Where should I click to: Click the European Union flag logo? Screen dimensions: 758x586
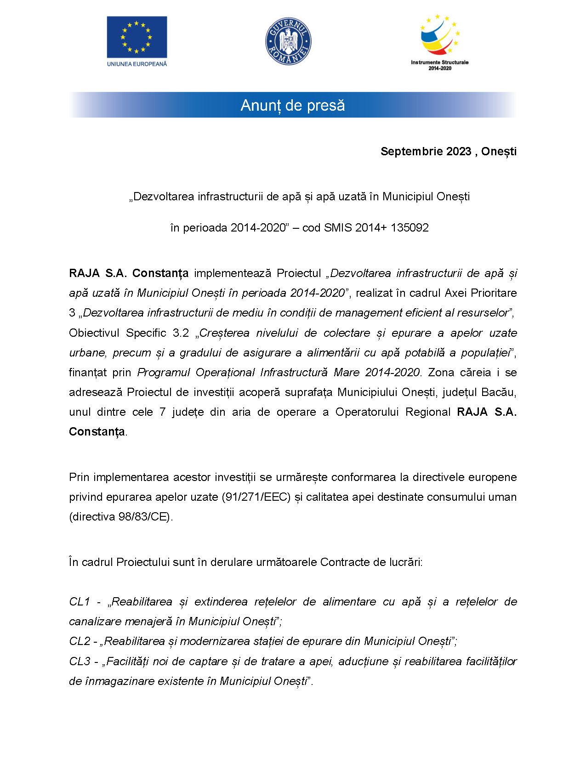(137, 37)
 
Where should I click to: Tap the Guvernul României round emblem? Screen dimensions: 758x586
(288, 41)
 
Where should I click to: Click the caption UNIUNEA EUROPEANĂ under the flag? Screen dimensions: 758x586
(137, 64)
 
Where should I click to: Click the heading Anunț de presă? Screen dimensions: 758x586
(293, 105)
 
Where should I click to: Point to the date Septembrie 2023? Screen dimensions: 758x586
(426, 152)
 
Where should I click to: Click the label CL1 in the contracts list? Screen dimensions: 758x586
(79, 602)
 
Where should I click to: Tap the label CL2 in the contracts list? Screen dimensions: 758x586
(80, 641)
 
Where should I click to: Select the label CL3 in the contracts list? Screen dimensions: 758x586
(80, 662)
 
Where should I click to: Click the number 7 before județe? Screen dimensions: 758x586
(162, 412)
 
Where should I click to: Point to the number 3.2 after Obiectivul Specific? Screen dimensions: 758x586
(181, 333)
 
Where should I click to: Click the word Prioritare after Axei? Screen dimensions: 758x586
(495, 293)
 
